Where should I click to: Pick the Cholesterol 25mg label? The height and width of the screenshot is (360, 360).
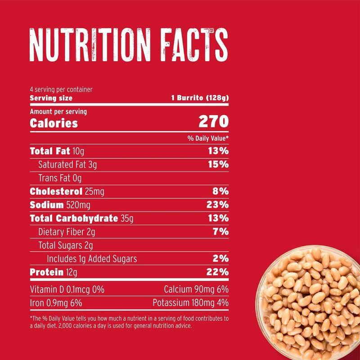click(67, 192)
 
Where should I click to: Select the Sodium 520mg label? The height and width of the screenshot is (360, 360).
click(59, 205)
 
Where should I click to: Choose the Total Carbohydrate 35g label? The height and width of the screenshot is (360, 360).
click(81, 219)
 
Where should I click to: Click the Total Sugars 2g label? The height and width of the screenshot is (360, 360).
click(66, 246)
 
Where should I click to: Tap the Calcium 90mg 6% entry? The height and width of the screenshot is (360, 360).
click(197, 288)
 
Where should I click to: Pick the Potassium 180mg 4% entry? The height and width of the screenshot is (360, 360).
click(190, 302)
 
